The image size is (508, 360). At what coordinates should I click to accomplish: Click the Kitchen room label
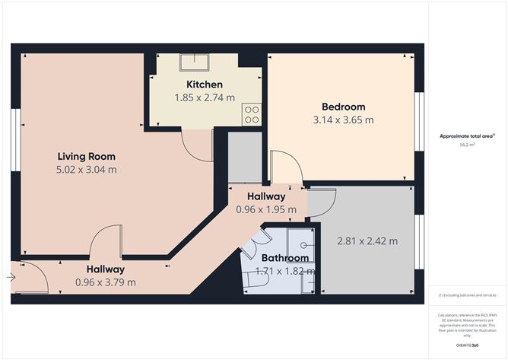coord(205,84)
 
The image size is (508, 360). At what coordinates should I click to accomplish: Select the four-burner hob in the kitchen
coord(251,114)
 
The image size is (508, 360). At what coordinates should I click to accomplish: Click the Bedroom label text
coord(343,107)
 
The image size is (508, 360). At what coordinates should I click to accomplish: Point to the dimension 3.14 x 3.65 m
coord(343,119)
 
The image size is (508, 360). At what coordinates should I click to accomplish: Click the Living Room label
coord(87,156)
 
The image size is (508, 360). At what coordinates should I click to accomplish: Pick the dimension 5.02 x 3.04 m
coord(87,169)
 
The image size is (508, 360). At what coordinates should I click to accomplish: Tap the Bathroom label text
coord(285,258)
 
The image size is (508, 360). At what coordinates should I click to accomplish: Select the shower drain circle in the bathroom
coord(303,246)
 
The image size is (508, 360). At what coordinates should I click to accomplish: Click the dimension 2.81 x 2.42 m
coord(368,241)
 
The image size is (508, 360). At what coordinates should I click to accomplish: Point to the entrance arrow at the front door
coord(10,278)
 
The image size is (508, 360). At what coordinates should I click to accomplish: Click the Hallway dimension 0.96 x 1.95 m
coord(266,209)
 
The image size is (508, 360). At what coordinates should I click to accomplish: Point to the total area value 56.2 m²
coord(467,144)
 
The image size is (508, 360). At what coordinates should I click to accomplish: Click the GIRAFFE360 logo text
coord(467,346)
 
